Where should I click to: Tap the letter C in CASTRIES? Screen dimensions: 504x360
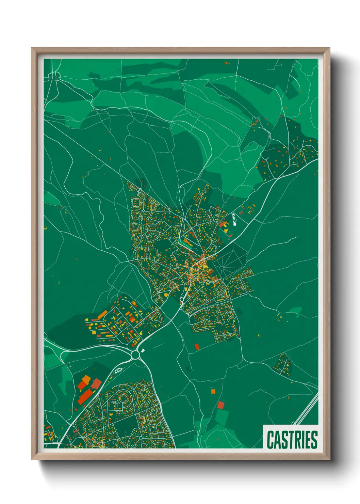click(271, 440)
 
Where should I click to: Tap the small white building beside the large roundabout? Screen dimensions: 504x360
click(143, 350)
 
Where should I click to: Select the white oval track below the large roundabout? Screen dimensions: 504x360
click(118, 370)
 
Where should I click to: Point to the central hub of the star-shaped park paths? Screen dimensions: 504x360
click(222, 268)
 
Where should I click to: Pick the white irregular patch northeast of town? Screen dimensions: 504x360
click(234, 220)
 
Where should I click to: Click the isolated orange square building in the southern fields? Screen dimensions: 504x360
click(213, 391)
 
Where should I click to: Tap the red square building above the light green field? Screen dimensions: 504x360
click(221, 405)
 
